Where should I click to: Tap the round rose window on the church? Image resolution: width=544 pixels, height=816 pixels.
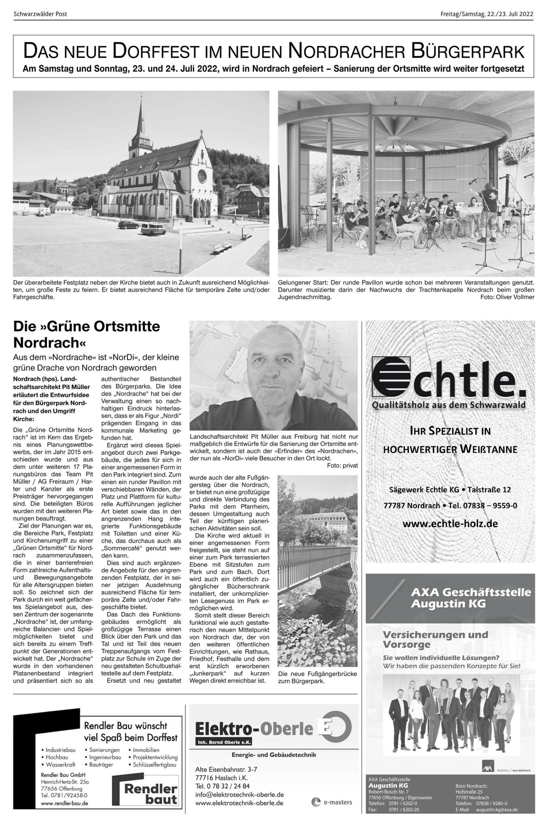(201, 177)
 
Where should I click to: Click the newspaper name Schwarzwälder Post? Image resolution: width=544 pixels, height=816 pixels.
(40, 14)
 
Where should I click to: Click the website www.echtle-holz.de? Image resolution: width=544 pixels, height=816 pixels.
(450, 523)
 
